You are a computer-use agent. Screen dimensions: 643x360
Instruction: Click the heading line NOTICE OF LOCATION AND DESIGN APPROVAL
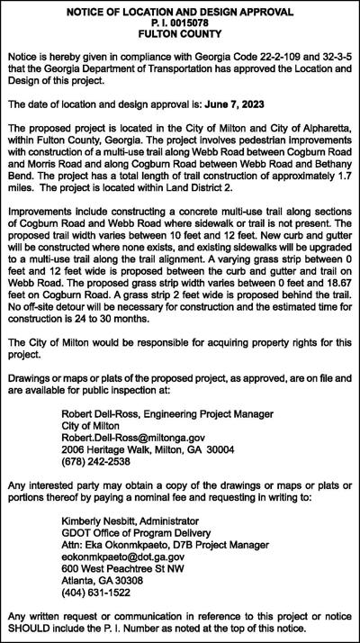click(x=180, y=11)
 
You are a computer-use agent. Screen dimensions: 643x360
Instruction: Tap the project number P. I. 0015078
click(x=180, y=22)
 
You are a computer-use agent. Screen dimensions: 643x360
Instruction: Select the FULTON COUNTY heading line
click(x=180, y=33)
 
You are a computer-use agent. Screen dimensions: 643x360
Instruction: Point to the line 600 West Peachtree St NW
click(x=130, y=567)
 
